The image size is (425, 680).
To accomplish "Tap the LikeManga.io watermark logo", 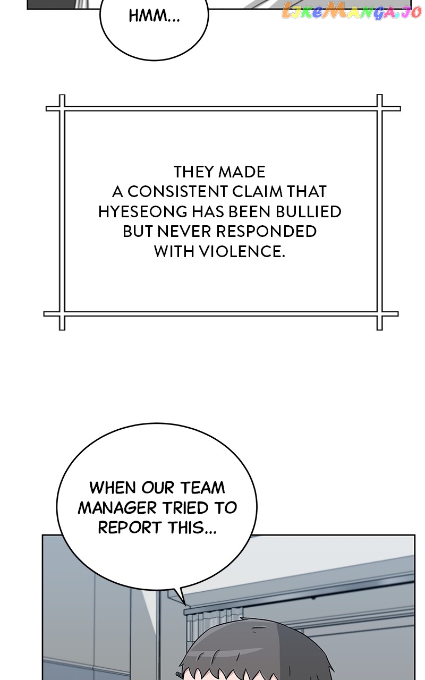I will [351, 11].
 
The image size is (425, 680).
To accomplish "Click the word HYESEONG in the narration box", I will [143, 211].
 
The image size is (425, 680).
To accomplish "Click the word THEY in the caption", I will [194, 172].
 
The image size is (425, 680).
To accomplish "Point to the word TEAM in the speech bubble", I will [202, 488].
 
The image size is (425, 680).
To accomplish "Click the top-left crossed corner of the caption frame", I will [62, 108].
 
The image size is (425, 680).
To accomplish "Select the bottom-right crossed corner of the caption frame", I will [379, 313].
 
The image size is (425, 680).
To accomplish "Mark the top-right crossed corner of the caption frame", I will [379, 108].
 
